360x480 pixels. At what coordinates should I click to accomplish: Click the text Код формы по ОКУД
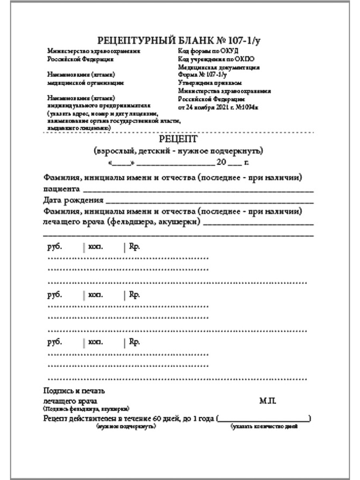[x=208, y=51]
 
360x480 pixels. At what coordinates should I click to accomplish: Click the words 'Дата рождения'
[x=73, y=200]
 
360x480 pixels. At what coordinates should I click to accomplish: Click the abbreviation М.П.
[x=265, y=400]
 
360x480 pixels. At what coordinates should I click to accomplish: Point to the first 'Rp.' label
[x=134, y=247]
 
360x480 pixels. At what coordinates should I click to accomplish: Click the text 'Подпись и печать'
[x=74, y=391]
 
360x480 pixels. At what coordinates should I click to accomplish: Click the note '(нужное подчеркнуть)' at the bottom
[x=126, y=427]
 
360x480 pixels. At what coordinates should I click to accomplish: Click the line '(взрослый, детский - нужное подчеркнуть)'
[x=178, y=151]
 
